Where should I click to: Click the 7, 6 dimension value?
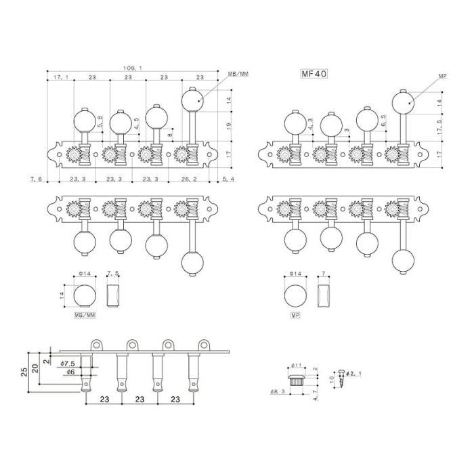pos(36,179)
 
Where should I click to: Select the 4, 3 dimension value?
pos(311,123)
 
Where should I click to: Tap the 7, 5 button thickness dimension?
pos(113,273)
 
